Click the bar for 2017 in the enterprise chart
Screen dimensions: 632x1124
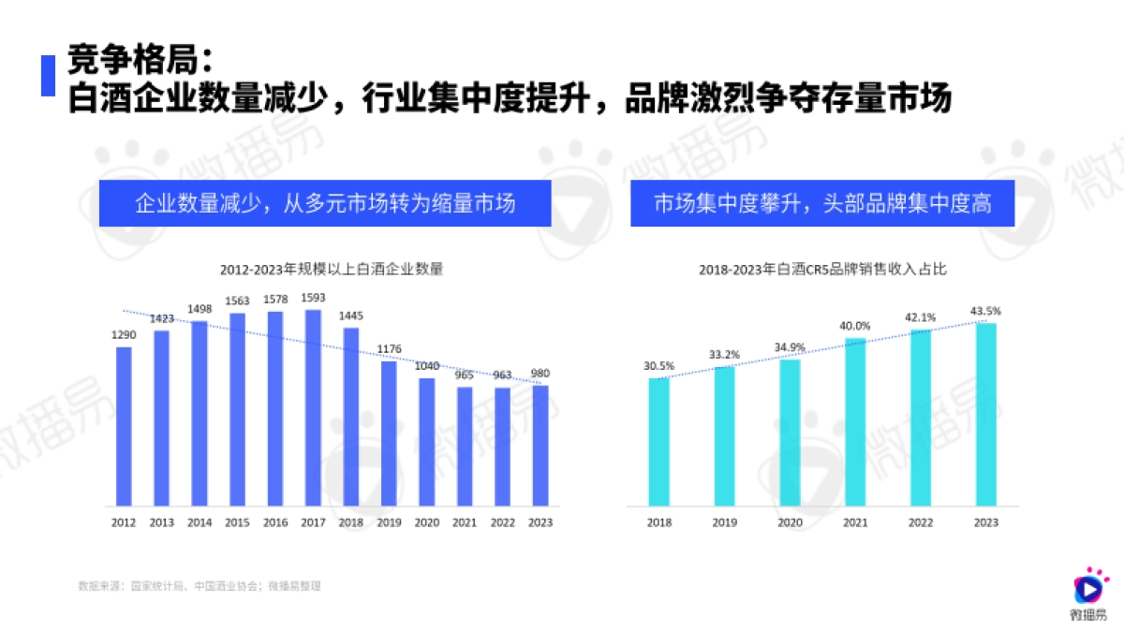coord(313,408)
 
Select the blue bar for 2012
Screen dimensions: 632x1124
coord(124,427)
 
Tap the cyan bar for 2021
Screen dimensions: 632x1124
coord(855,422)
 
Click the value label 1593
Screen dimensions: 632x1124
coord(313,298)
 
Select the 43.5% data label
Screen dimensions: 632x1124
coord(985,310)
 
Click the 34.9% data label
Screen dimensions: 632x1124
coord(790,347)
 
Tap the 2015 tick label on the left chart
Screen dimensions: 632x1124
coord(237,522)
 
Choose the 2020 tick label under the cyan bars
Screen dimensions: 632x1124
coord(790,522)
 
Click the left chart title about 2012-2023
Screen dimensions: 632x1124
coord(331,269)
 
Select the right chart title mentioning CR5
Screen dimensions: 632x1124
coord(822,270)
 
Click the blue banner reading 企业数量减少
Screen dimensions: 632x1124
coord(325,203)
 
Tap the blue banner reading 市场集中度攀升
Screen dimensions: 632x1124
coord(821,203)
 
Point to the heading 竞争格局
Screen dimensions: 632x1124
coord(140,63)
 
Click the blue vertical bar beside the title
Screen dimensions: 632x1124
coord(48,76)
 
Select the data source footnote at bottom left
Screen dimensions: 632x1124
coord(199,586)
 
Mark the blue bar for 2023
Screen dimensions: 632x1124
coord(540,446)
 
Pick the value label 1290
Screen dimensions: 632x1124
coord(124,334)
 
